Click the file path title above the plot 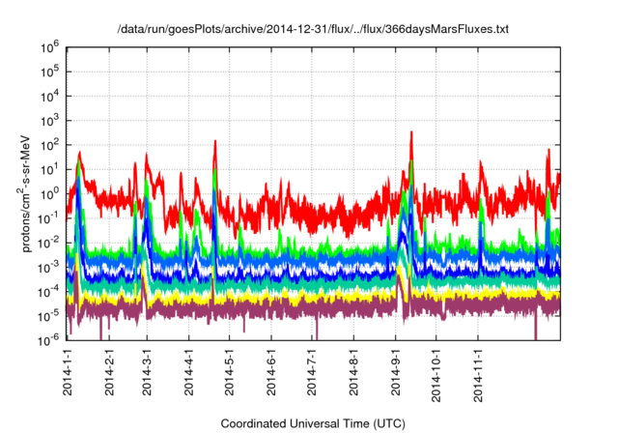[312, 30]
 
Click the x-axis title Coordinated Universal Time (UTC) [313, 423]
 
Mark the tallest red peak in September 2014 [412, 131]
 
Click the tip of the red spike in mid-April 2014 [214, 141]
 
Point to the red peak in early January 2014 [79, 152]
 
